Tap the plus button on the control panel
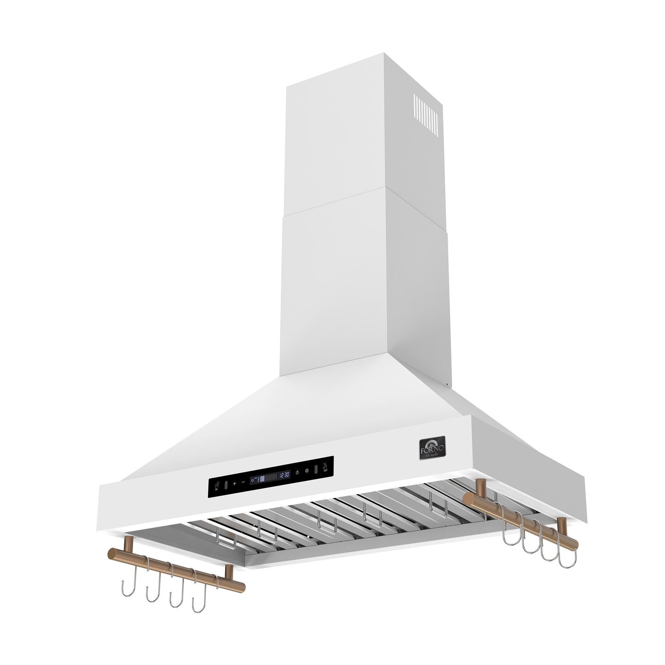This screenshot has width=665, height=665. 235,484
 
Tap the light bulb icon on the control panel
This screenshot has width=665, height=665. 297,473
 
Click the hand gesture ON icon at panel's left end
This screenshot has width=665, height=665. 217,486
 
